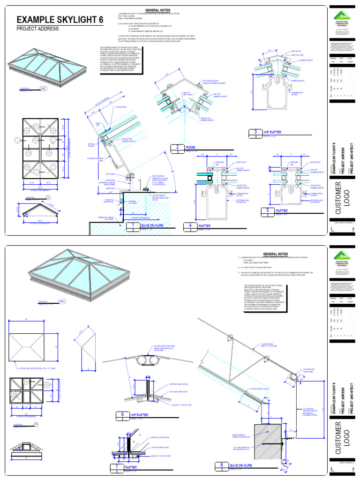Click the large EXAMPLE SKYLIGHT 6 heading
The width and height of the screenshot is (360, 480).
(58, 20)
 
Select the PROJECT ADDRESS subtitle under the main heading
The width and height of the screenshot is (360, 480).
(37, 29)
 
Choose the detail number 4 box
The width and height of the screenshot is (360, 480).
(190, 225)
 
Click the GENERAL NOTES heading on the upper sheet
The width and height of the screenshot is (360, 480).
(157, 10)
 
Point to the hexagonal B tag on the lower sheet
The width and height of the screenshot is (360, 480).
(36, 426)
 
